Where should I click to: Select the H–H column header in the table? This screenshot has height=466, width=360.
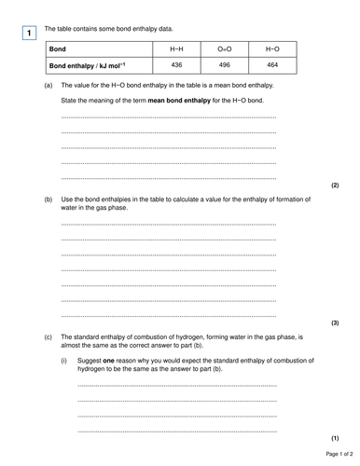click(x=177, y=48)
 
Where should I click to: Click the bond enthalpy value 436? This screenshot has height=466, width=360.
click(x=177, y=64)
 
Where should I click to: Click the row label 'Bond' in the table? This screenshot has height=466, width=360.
click(x=61, y=48)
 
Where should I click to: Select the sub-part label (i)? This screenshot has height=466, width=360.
click(x=64, y=359)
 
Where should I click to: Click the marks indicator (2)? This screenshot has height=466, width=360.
click(x=335, y=185)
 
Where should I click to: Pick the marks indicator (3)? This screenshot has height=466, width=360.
click(x=335, y=322)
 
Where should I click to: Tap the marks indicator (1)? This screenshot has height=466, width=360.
click(x=335, y=437)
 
